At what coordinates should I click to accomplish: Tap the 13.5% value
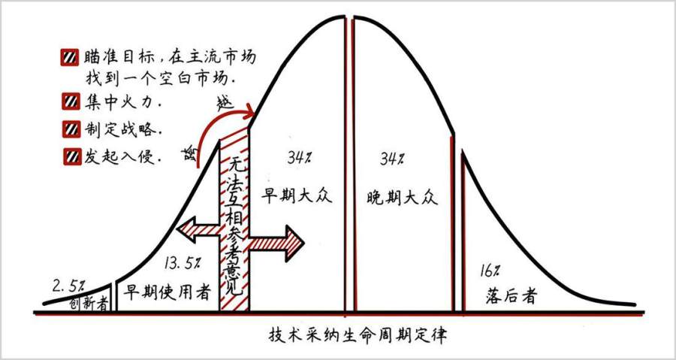click(x=182, y=262)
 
